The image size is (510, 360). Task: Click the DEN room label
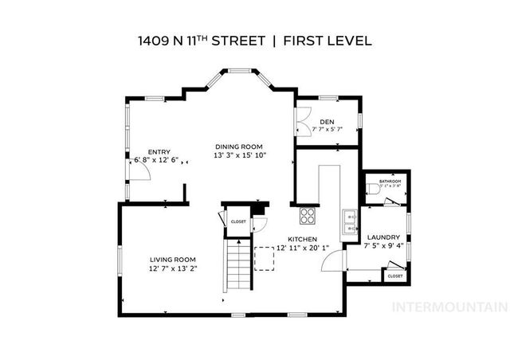[x=328, y=120]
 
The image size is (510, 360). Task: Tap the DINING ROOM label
[x=238, y=146]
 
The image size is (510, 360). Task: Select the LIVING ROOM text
[x=173, y=260]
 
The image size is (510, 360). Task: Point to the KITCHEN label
[x=303, y=239]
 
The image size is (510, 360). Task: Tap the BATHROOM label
[x=390, y=182]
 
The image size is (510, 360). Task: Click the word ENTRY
[x=159, y=152]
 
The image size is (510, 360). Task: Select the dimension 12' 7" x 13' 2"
[x=173, y=269]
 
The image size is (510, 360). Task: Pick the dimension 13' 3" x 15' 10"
[x=239, y=155]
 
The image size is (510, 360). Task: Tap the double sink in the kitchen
[x=348, y=220]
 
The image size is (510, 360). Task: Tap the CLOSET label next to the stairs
[x=238, y=222]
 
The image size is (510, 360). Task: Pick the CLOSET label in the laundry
[x=395, y=276]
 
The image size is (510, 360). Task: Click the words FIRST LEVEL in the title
[x=328, y=40]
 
